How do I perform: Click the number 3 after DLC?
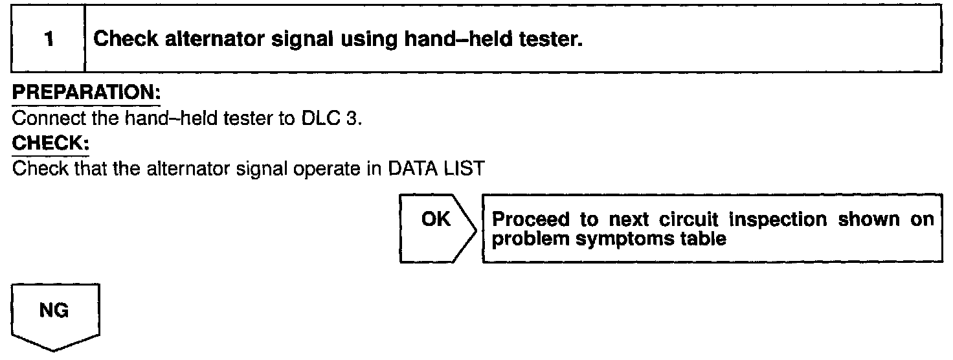coord(350,120)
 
